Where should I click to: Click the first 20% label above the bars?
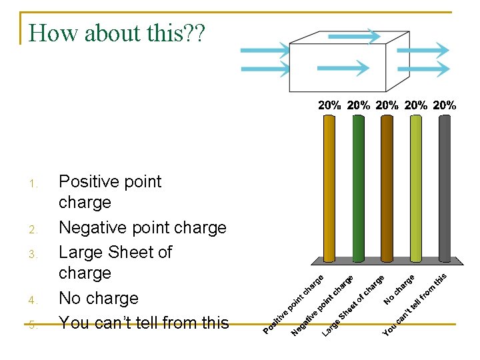point(329,105)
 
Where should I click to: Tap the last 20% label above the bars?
point(445,105)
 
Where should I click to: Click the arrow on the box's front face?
point(343,68)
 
